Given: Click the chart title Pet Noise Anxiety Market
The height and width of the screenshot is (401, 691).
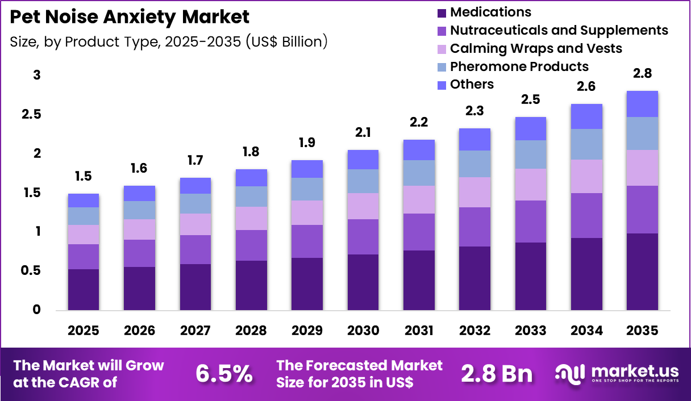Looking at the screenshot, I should [x=130, y=16].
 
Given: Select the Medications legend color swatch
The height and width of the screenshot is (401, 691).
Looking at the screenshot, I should [x=442, y=12].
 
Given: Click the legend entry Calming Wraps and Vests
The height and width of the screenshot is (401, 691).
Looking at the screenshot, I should [x=535, y=48].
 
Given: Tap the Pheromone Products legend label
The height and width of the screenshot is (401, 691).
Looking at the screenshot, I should [x=519, y=66].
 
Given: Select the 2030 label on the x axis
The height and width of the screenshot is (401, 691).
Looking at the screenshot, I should [x=363, y=331].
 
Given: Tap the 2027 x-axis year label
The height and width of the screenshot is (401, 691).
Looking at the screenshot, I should [x=195, y=331].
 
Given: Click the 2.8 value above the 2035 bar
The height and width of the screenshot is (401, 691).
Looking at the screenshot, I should [x=642, y=74].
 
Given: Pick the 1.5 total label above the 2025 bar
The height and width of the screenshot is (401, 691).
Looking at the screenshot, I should [x=83, y=177].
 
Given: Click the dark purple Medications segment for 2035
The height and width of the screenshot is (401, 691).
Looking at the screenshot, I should [x=642, y=271].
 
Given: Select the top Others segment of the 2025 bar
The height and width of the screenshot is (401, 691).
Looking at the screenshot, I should [x=83, y=200].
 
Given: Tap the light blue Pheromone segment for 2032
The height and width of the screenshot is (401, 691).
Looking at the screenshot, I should [x=474, y=164].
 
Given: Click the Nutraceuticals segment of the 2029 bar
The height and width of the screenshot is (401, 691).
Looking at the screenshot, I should [x=307, y=241].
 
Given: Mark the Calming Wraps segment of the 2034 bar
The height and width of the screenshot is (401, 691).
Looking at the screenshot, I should [x=586, y=176].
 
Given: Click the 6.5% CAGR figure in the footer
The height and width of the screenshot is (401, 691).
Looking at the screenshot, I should [x=224, y=373].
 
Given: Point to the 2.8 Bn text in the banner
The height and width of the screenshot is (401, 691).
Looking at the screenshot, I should [x=497, y=373].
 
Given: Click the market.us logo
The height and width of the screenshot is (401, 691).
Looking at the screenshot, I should [x=617, y=373].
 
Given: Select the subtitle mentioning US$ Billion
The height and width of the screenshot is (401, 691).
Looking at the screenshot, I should [x=169, y=41].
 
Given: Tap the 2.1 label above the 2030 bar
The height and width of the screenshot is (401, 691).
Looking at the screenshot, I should [x=363, y=133].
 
